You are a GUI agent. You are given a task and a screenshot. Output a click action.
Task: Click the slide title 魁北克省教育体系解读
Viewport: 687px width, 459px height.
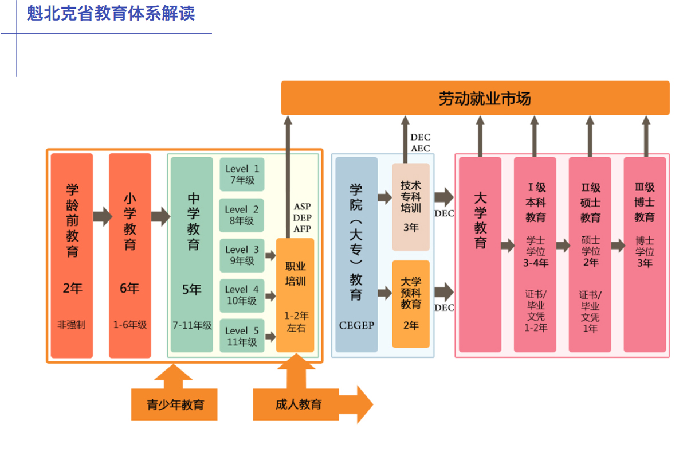[111, 13]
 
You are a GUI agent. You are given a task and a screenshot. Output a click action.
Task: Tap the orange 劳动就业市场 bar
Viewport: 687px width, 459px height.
[475, 98]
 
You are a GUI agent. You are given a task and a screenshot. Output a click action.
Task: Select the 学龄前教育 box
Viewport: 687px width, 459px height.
[72, 255]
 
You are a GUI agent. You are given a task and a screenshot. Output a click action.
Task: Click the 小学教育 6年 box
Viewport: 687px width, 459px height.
[130, 255]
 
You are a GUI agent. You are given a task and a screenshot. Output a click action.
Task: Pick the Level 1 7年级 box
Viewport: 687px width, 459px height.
[242, 174]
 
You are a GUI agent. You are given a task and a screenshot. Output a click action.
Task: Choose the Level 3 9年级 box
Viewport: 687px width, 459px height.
[242, 255]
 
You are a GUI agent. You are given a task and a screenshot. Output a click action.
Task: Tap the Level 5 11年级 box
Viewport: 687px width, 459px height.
[242, 336]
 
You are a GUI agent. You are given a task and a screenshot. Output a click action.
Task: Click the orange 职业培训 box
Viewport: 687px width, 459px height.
[295, 295]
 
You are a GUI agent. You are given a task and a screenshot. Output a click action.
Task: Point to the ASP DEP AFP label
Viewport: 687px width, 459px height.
[302, 217]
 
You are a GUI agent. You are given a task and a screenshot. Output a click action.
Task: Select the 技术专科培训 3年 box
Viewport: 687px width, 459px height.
[410, 207]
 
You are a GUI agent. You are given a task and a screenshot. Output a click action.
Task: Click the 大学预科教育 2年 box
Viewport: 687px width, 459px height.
[410, 304]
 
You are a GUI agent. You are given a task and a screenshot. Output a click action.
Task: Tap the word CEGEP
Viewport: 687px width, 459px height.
[356, 325]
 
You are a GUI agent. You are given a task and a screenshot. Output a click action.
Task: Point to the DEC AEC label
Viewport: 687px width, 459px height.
[420, 143]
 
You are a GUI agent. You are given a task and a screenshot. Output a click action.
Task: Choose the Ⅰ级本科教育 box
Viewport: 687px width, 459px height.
[535, 255]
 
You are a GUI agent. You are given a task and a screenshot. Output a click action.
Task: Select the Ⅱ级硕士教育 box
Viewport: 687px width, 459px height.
[590, 255]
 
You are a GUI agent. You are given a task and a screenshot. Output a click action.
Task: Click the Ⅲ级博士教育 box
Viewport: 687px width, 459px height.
[645, 255]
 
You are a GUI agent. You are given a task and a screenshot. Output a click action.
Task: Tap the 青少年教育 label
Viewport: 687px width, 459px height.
[175, 404]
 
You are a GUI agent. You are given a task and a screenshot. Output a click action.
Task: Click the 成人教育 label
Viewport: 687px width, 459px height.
[298, 404]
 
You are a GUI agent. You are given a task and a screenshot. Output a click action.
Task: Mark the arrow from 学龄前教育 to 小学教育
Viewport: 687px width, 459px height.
[103, 216]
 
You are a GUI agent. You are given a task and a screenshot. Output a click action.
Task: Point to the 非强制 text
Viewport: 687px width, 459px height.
[72, 325]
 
